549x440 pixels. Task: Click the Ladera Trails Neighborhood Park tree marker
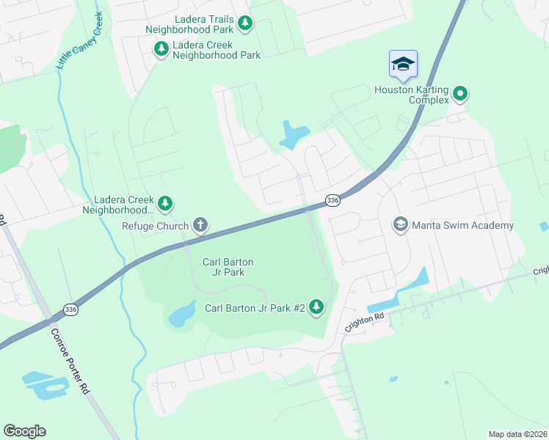click(245, 24)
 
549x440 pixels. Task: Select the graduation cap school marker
click(403, 65)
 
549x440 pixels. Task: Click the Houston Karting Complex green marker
click(460, 93)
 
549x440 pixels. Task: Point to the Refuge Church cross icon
click(200, 225)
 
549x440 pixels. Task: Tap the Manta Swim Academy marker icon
click(401, 224)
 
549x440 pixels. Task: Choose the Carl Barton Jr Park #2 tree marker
click(316, 307)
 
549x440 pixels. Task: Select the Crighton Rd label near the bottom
click(364, 320)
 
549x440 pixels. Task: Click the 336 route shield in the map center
click(332, 200)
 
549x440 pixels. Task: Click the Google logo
click(24, 431)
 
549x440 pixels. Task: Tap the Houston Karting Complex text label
click(411, 95)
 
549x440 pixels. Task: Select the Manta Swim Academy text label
click(462, 225)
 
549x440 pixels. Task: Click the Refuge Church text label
click(155, 226)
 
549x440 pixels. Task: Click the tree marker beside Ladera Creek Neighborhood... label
click(167, 202)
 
